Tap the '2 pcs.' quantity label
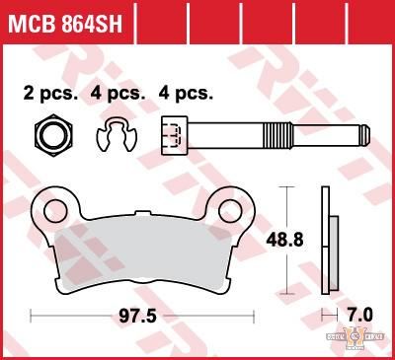(x=48, y=94)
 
